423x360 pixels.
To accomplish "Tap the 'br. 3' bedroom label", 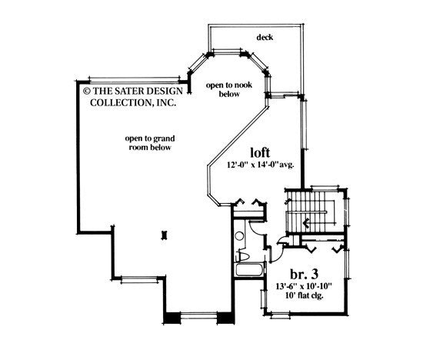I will (x=304, y=275).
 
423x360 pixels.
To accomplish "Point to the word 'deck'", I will (x=266, y=37).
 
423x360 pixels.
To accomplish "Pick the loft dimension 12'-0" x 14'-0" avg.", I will (x=261, y=165).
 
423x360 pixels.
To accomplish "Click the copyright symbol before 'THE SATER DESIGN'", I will (x=86, y=88).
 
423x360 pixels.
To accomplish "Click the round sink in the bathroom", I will (x=239, y=238).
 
